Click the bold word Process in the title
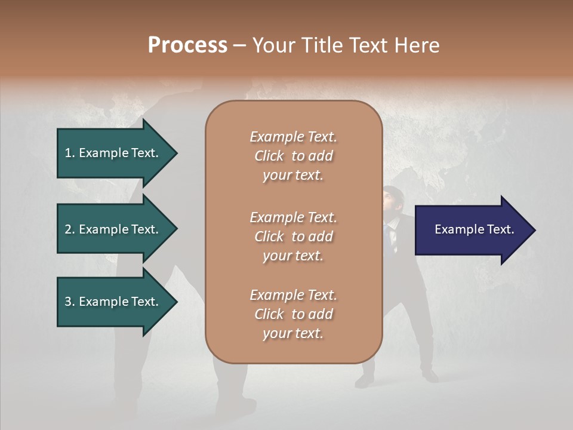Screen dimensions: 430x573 (x=187, y=45)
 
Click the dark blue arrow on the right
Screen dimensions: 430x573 (x=472, y=229)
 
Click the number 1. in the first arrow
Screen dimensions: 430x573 (x=70, y=153)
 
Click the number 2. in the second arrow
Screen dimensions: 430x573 (x=70, y=229)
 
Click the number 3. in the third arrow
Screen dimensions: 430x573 (x=70, y=302)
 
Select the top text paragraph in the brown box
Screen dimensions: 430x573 (x=293, y=156)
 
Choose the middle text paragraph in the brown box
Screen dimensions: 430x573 (x=293, y=236)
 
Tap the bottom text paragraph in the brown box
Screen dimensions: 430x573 (x=293, y=314)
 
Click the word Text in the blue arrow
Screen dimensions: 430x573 (x=501, y=229)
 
